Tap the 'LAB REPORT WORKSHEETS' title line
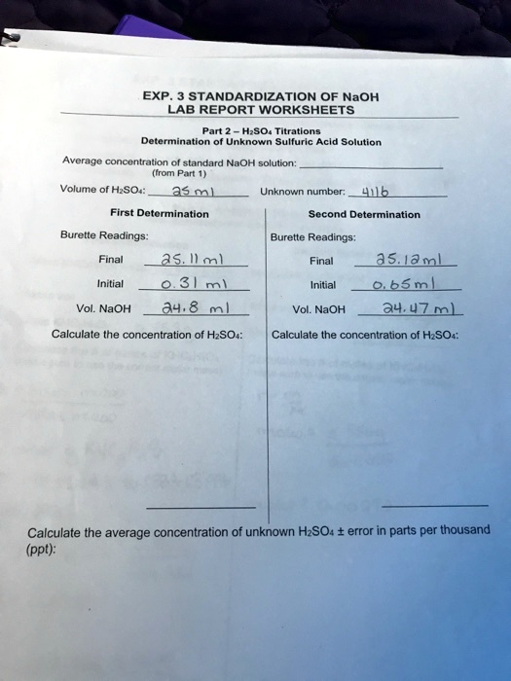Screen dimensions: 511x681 tap(245, 110)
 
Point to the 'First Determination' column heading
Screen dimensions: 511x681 tap(153, 213)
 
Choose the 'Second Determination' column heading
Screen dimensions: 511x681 tap(364, 214)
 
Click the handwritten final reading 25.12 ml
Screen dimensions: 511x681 tap(408, 260)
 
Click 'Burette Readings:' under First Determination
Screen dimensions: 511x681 tap(91, 234)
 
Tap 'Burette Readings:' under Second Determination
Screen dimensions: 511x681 tap(312, 235)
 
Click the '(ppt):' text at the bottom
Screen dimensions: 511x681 tap(46, 548)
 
